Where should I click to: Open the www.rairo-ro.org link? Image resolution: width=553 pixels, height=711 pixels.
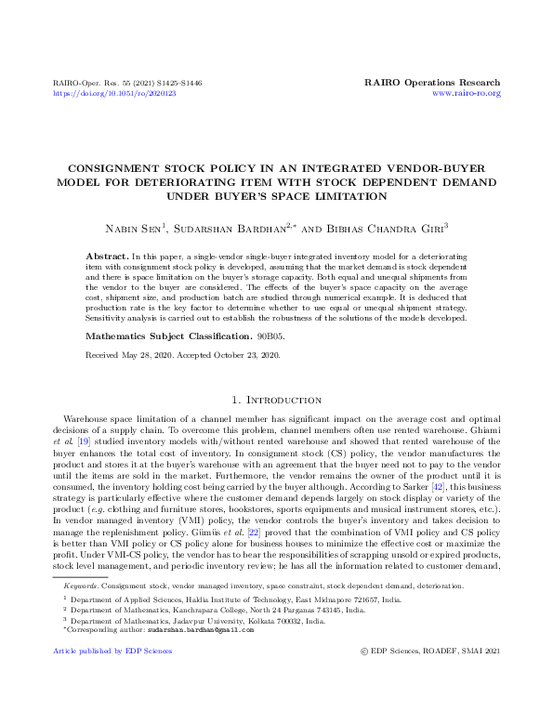tap(467, 94)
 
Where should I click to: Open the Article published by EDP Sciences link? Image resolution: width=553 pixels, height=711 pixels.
tap(112, 651)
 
